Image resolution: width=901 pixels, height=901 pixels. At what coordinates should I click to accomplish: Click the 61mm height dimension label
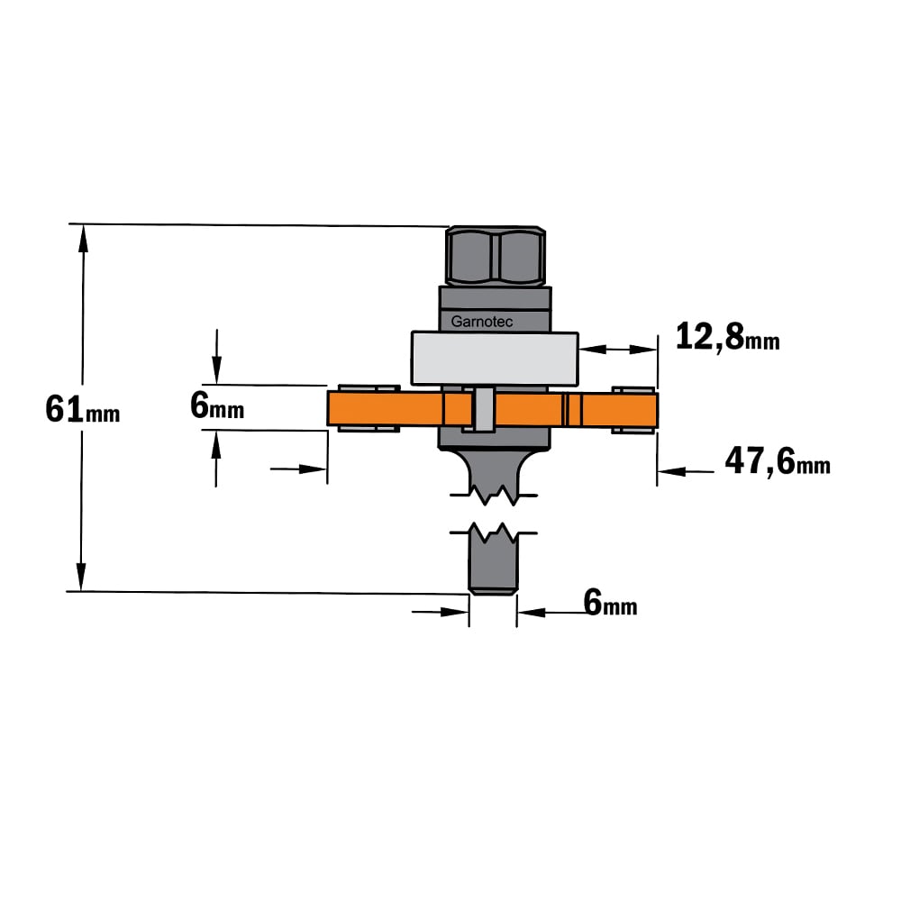click(x=83, y=410)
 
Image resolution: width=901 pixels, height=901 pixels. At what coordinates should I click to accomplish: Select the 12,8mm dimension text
click(x=727, y=337)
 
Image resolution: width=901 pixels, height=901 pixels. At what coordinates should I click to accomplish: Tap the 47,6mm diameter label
click(x=778, y=461)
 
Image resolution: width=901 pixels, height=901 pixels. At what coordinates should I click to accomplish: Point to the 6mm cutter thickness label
click(x=217, y=406)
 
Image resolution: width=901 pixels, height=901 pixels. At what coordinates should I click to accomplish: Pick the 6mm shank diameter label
click(x=610, y=603)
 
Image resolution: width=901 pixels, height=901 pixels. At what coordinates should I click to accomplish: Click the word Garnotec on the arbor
click(x=481, y=322)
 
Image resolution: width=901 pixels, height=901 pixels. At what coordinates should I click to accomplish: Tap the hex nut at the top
click(x=496, y=256)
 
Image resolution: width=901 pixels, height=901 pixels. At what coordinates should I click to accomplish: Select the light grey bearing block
click(x=495, y=359)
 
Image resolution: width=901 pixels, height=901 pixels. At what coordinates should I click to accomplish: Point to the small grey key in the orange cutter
click(x=484, y=409)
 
